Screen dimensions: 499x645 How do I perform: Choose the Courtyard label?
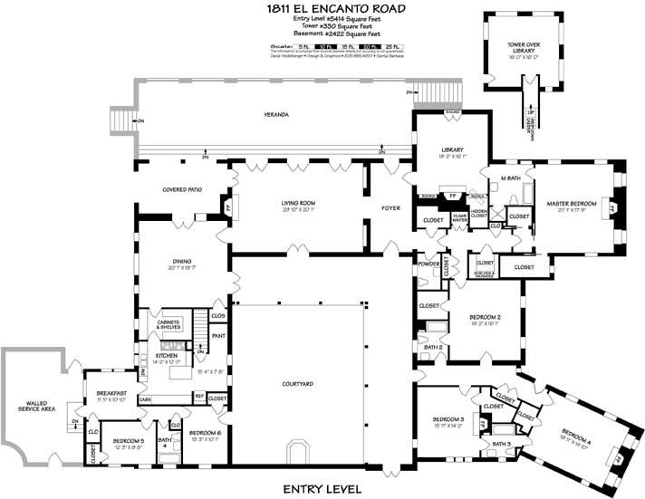[x=298, y=385]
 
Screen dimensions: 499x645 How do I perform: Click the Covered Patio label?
[x=182, y=190]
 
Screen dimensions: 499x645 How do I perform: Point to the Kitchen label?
[x=167, y=356]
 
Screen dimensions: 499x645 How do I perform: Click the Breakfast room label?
[x=111, y=392]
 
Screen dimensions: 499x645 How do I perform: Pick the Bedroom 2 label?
[x=485, y=316]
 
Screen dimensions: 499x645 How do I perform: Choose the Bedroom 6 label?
[x=205, y=433]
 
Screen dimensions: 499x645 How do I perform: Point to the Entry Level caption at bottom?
[x=323, y=488]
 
